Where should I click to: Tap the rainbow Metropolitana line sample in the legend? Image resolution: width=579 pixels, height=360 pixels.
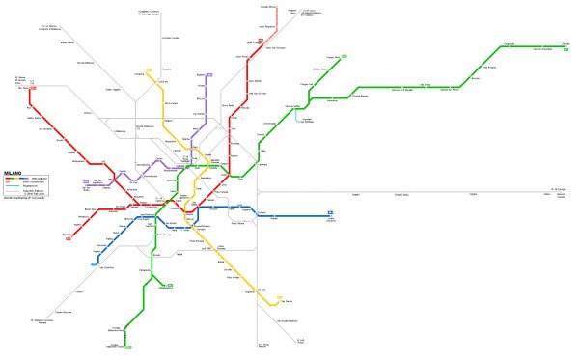17,179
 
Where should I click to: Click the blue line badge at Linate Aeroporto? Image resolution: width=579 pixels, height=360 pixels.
330,212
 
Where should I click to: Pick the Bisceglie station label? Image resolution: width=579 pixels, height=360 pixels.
66,234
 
